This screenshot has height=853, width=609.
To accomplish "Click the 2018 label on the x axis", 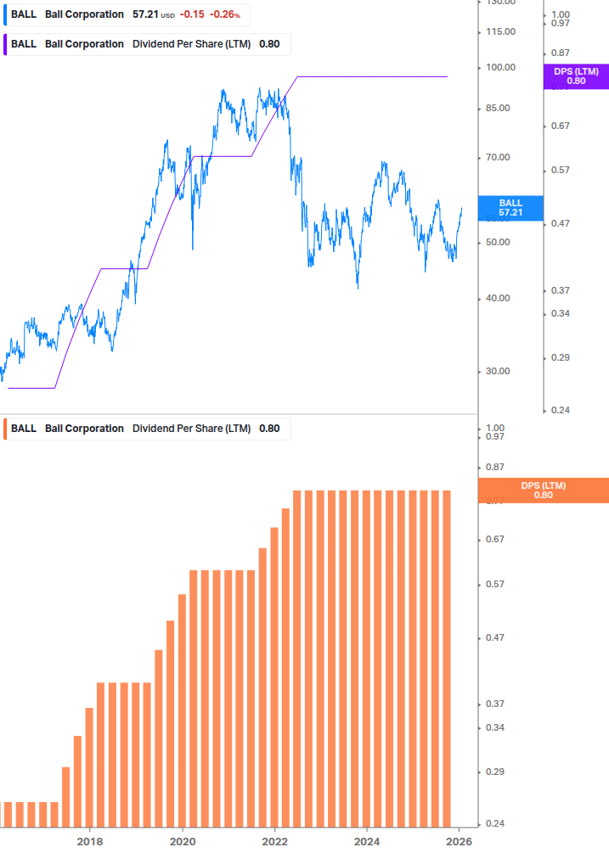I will [x=90, y=841].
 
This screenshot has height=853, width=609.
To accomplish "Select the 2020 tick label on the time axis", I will [x=183, y=841].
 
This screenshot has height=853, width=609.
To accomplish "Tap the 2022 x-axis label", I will [x=274, y=841].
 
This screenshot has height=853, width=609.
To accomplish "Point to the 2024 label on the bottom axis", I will [x=367, y=841].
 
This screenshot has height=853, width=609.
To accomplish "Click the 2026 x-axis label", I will [x=459, y=841].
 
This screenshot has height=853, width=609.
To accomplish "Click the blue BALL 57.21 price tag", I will [x=510, y=208].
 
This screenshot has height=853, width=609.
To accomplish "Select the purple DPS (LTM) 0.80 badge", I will [x=576, y=76].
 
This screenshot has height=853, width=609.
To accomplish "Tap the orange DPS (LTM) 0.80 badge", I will [x=544, y=491].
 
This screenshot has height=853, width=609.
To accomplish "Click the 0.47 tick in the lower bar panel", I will [x=494, y=637].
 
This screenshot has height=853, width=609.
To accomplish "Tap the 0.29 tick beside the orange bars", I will [x=494, y=772].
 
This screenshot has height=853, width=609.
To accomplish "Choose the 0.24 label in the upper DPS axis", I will [x=561, y=410].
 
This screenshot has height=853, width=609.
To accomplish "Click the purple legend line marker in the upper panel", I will [x=7, y=44].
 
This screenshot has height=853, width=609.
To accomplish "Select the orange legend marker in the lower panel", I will [x=7, y=429].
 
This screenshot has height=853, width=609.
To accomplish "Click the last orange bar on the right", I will [x=445, y=658].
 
